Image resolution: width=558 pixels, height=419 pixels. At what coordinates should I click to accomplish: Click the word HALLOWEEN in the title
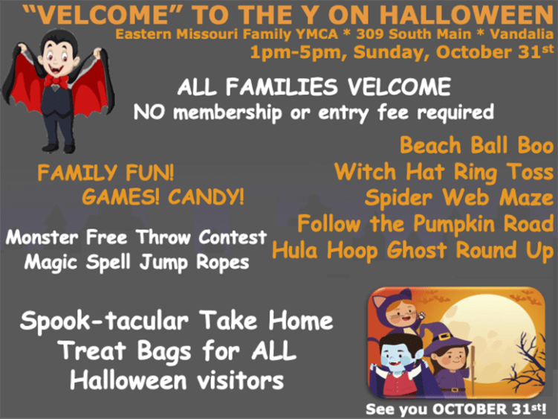click(x=467, y=15)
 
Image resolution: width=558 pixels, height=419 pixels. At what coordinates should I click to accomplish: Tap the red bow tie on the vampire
click(x=56, y=81)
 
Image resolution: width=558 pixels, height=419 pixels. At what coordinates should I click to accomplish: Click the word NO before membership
click(x=149, y=112)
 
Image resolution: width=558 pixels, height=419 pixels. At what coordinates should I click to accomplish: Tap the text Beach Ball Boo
click(x=476, y=145)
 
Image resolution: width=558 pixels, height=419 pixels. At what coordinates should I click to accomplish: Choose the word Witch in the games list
click(x=365, y=172)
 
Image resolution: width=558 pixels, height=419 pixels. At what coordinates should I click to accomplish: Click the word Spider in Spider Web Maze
click(x=398, y=198)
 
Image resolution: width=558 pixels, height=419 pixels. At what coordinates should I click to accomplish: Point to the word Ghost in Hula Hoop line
click(x=417, y=251)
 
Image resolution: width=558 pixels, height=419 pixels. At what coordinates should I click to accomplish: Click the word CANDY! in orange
click(x=206, y=196)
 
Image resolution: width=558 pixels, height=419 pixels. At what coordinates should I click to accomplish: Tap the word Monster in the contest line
click(x=42, y=237)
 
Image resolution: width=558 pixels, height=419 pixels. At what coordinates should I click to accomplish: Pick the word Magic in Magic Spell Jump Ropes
click(x=51, y=263)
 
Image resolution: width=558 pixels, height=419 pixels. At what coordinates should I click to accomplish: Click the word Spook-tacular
click(x=104, y=321)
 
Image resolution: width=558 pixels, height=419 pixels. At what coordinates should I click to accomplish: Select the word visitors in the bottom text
click(x=240, y=380)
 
